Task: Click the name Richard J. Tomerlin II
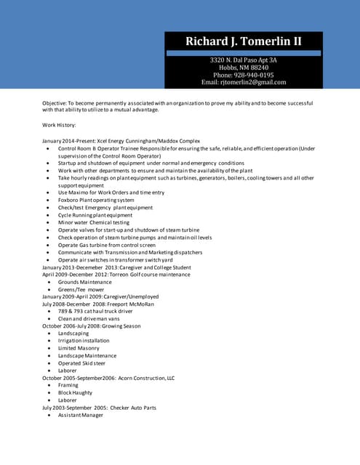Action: (244, 41)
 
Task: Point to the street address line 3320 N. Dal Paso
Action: (244, 60)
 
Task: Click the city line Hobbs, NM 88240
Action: (244, 67)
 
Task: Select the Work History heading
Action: (64, 125)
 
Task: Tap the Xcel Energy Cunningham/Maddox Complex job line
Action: (121, 140)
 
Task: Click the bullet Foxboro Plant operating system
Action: (96, 200)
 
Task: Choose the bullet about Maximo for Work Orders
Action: (111, 193)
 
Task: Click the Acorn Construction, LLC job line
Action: (108, 378)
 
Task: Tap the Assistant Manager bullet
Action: (81, 415)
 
